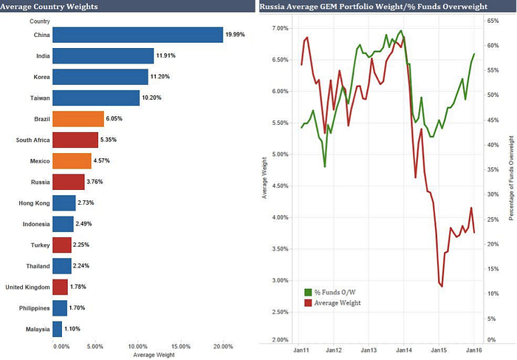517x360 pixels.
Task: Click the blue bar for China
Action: click(137, 35)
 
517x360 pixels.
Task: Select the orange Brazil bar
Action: click(78, 118)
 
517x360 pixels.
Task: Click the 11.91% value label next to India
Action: click(168, 56)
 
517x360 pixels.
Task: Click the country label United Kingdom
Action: click(27, 287)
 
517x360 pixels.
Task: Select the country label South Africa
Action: click(33, 140)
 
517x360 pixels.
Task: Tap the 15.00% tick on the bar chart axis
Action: click(179, 345)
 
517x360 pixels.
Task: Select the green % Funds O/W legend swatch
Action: click(309, 291)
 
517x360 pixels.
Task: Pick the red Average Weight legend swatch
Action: click(309, 302)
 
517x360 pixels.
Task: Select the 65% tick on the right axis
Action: click(490, 21)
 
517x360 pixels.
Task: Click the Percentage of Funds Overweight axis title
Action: click(510, 177)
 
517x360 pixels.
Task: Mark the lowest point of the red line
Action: click(442, 286)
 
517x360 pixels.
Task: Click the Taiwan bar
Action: click(96, 98)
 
